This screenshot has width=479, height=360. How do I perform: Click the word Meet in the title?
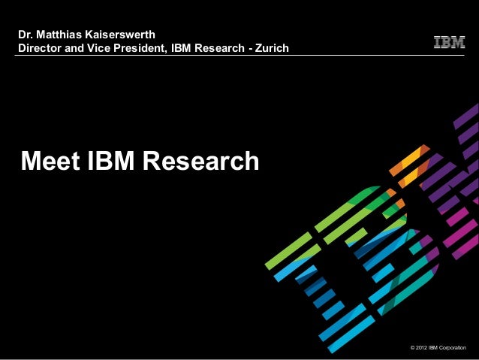(x=51, y=160)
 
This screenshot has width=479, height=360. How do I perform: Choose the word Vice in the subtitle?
(x=104, y=49)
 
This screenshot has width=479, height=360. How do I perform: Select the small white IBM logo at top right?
(x=449, y=43)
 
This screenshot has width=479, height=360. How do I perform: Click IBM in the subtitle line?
(x=182, y=49)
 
